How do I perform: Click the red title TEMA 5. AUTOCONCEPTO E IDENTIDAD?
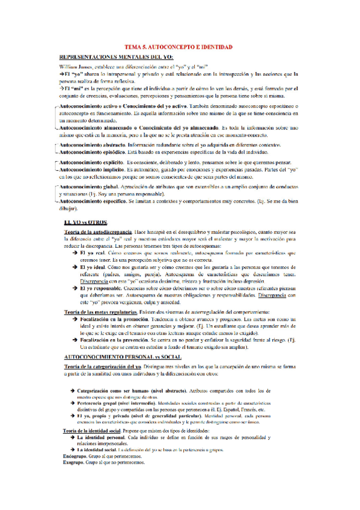(x=178, y=46)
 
